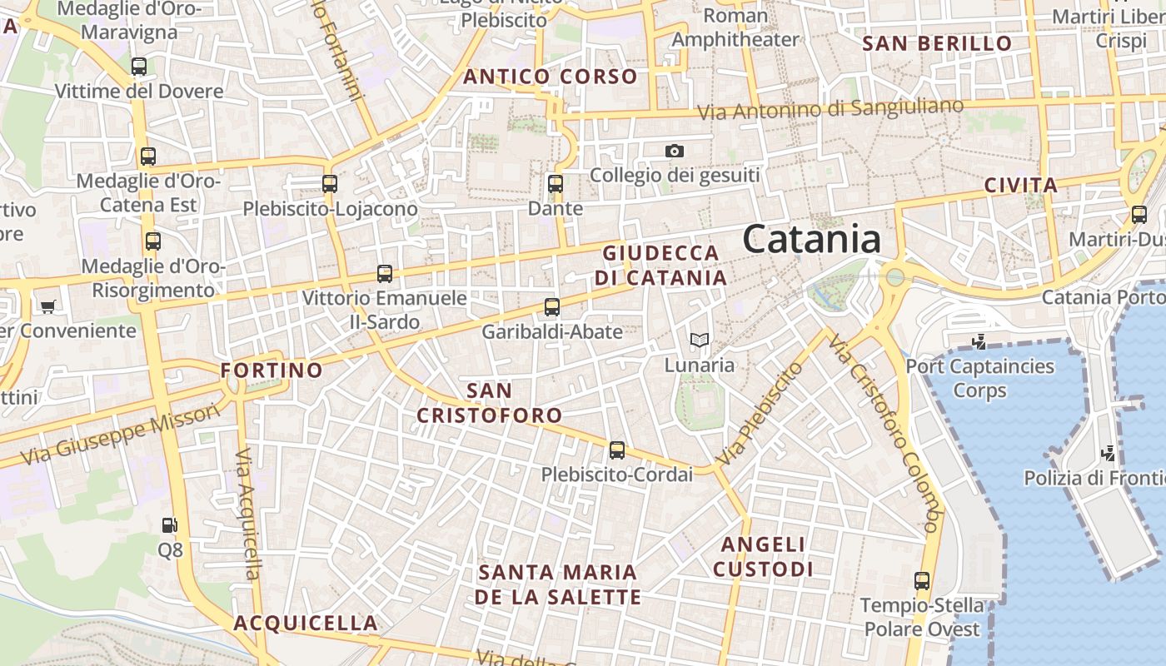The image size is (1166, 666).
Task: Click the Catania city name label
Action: (812, 240)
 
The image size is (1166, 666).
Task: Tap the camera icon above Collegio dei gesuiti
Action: (675, 151)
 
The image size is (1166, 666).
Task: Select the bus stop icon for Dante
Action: (556, 184)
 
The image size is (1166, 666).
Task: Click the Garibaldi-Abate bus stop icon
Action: (551, 307)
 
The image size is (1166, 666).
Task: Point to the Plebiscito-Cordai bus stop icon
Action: (616, 450)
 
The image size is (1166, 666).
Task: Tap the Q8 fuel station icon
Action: (169, 525)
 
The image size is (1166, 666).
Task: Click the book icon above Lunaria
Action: (700, 340)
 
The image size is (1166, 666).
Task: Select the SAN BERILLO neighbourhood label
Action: (937, 43)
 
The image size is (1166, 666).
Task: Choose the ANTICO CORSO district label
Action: (551, 77)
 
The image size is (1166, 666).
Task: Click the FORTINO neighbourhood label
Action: (272, 370)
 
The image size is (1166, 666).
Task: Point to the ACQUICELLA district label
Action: (306, 623)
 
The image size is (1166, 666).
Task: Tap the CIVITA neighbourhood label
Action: (1021, 185)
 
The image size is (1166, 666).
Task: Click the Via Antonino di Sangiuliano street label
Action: (830, 108)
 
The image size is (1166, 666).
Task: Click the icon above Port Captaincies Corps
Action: (979, 340)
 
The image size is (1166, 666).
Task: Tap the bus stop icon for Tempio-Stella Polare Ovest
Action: (921, 581)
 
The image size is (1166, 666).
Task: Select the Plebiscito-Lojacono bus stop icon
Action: (330, 184)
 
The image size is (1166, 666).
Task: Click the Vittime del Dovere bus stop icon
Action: (139, 67)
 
